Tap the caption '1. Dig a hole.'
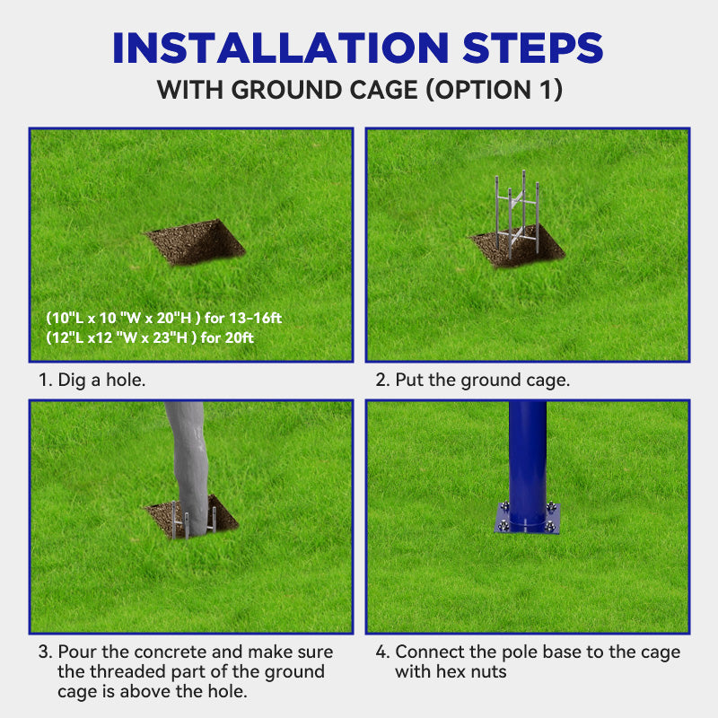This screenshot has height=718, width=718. tap(92, 380)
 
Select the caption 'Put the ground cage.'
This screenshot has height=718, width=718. tap(482, 380)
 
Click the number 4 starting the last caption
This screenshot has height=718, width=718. tap(380, 652)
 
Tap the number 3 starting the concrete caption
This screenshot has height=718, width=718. tap(43, 652)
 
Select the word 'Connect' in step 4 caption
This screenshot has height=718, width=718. tap(428, 652)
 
